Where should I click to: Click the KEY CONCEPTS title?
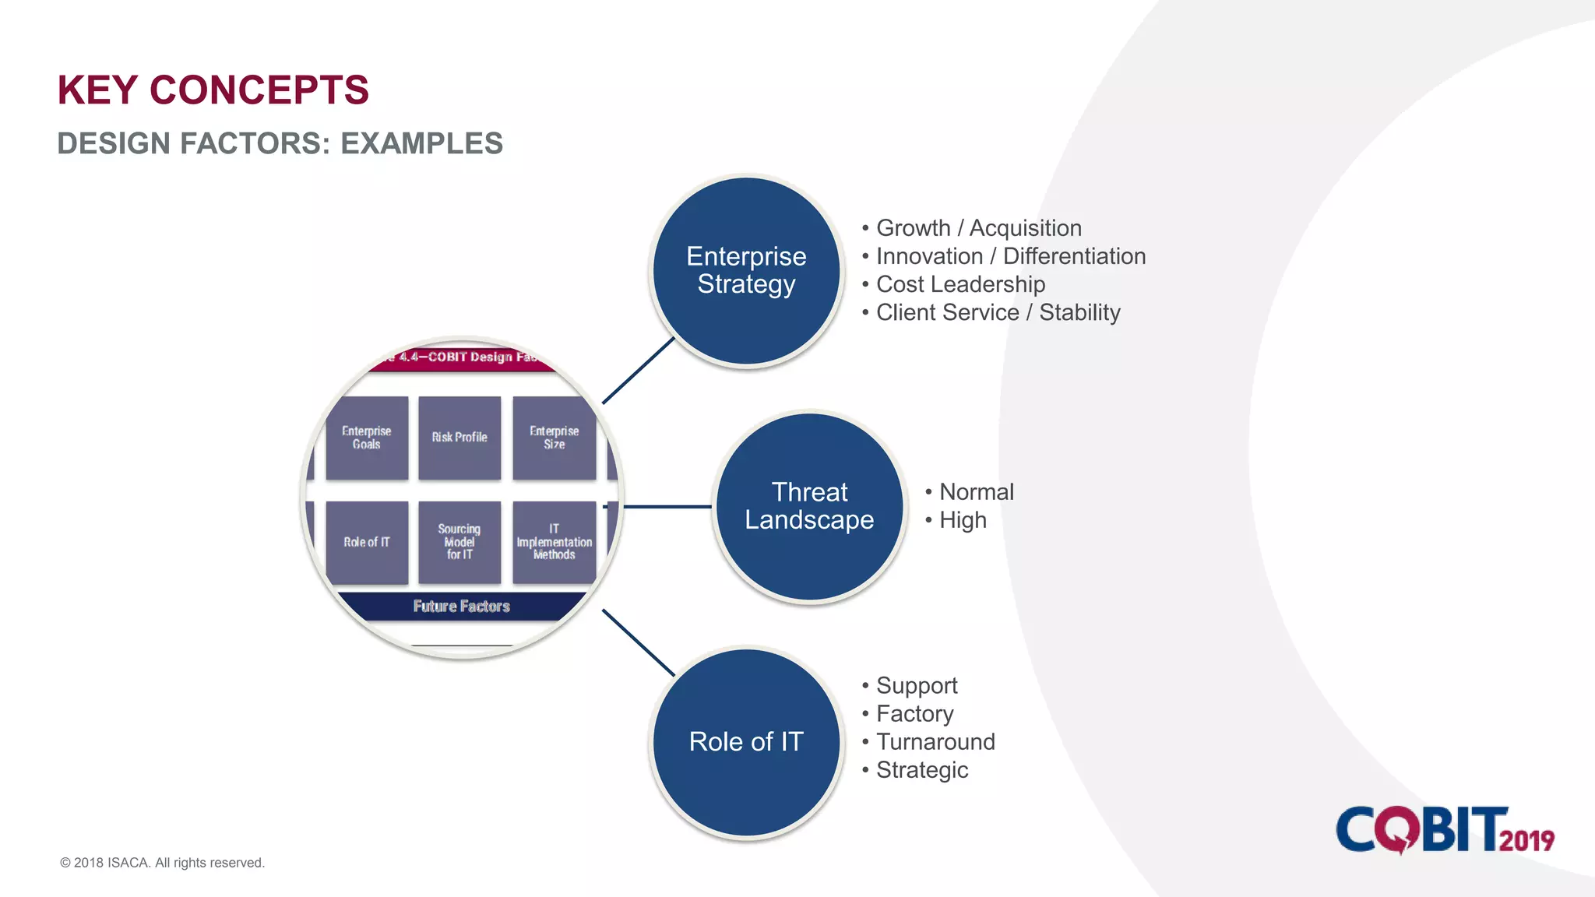pos(213,90)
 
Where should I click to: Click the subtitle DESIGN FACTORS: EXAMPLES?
pos(280,144)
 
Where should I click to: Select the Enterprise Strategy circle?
pos(746,271)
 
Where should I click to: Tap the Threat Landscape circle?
pos(809,506)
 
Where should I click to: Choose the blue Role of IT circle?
pos(746,742)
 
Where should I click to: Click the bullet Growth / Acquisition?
pos(978,228)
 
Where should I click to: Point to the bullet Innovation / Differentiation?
pos(1010,256)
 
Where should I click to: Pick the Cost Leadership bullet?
pos(960,284)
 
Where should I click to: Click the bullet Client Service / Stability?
pos(998,312)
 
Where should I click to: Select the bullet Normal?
pos(976,492)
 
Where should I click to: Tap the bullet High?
pos(963,520)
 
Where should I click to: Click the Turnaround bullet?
pos(935,742)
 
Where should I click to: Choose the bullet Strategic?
pos(922,770)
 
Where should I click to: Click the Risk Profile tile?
pos(459,438)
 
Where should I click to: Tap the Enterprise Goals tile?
pos(367,438)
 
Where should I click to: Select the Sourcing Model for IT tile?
pos(459,542)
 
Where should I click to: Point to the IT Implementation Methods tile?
pos(554,542)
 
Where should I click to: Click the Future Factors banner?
pos(461,606)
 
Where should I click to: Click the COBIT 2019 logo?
pos(1445,830)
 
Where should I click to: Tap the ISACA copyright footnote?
pos(162,863)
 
